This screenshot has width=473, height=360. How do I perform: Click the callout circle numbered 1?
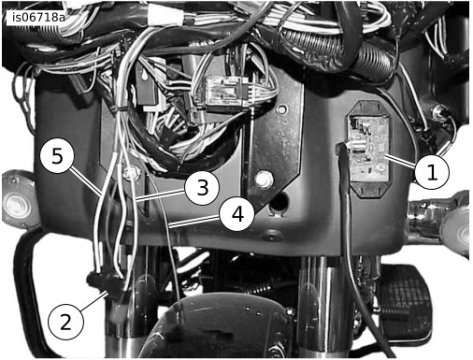coord(432,172)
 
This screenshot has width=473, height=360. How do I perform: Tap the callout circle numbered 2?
coord(65,322)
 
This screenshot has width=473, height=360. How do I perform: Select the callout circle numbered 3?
coord(202,188)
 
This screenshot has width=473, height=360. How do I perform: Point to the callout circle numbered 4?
coord(237,214)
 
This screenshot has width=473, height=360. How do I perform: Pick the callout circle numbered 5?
coord(57,155)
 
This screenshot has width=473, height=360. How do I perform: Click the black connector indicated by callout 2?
coord(106,283)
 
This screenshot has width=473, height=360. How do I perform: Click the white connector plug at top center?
coord(163,14)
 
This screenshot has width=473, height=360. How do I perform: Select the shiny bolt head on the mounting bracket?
coord(264,179)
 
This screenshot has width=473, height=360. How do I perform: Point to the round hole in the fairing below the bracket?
coord(279,203)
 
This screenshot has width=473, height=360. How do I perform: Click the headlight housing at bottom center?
coord(218,327)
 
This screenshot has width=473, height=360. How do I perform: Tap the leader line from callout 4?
coord(194,221)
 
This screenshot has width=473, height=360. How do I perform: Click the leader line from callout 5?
coord(86,181)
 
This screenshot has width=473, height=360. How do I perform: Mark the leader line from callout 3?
coord(161,194)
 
